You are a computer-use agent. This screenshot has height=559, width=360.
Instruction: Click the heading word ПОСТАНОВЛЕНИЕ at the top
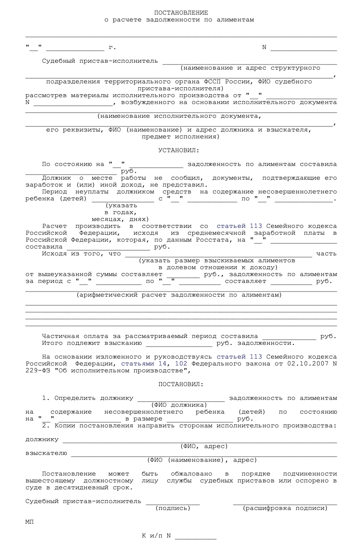pyautogui.click(x=181, y=12)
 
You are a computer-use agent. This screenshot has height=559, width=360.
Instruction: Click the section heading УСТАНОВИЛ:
pyautogui.click(x=181, y=150)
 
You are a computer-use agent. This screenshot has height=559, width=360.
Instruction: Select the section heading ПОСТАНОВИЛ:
pyautogui.click(x=181, y=384)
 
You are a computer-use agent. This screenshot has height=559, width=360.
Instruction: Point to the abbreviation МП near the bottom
pyautogui.click(x=30, y=522)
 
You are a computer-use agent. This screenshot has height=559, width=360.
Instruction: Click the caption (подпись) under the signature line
pyautogui.click(x=173, y=508)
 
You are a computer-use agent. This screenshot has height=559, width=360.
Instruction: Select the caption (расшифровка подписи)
pyautogui.click(x=285, y=508)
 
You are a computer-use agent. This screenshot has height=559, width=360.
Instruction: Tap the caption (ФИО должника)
pyautogui.click(x=180, y=405)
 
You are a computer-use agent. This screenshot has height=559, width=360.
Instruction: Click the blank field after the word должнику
pyautogui.click(x=200, y=439)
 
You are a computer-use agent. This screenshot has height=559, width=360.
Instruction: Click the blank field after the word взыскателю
pyautogui.click(x=204, y=453)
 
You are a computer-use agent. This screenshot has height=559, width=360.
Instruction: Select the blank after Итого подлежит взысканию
pyautogui.click(x=179, y=343)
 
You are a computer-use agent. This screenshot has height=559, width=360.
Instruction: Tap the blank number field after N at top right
pyautogui.click(x=304, y=47)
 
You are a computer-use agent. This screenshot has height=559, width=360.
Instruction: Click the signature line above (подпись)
pyautogui.click(x=173, y=501)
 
